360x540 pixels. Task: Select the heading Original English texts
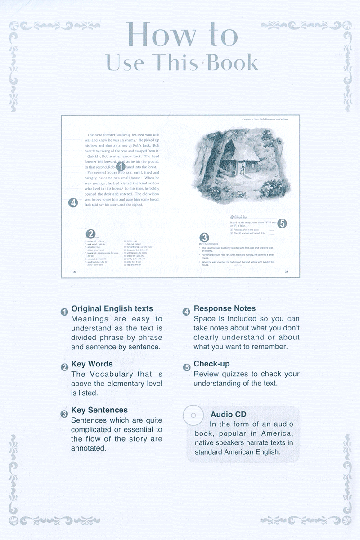pos(112,309)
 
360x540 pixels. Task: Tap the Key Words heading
pos(92,364)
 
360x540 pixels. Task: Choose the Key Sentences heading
pos(99,410)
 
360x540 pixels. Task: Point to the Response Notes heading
pos(225,308)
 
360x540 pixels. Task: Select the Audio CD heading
pos(228,414)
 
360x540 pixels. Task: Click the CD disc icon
pos(193,415)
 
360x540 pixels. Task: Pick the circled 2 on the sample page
pos(91,233)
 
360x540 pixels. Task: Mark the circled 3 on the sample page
pos(204,237)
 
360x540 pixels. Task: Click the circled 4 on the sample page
pos(72,202)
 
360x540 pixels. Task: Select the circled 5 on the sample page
pos(282,223)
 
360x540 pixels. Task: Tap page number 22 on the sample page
pos(75,272)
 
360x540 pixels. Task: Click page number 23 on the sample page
pos(287,272)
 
